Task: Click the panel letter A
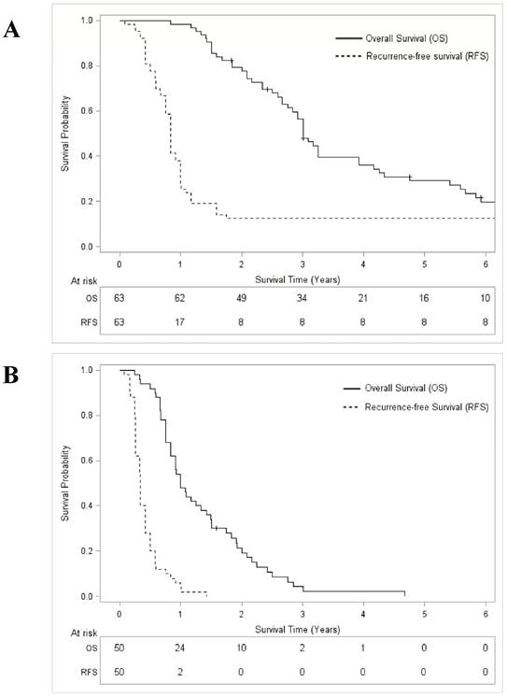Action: (12, 30)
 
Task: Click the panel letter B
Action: (12, 378)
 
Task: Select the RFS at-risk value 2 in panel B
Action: (180, 674)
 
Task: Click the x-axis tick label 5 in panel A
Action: (425, 264)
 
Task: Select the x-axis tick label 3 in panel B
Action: (303, 615)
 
